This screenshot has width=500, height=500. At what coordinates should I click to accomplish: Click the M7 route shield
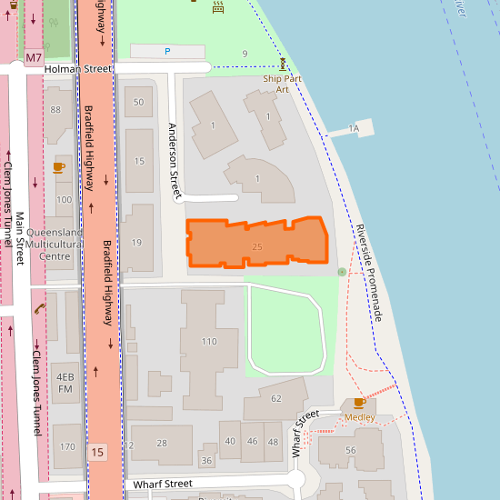[x=34, y=57]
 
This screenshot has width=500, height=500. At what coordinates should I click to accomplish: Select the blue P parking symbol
[x=167, y=52]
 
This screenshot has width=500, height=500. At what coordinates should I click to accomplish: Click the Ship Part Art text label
[x=282, y=84]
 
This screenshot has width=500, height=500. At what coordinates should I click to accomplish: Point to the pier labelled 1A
[x=355, y=130]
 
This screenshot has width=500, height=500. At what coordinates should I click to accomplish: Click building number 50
[x=138, y=102]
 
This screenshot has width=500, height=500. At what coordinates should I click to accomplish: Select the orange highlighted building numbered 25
[x=257, y=244]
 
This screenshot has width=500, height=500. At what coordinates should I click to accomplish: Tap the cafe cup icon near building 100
[x=59, y=167]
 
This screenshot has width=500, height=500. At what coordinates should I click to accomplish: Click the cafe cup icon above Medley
[x=359, y=403]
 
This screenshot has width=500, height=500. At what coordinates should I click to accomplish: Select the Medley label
[x=359, y=417]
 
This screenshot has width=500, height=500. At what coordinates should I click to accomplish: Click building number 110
[x=209, y=342]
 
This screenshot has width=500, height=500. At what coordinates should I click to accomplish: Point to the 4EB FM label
[x=65, y=383]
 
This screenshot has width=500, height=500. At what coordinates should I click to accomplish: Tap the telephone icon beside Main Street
[x=39, y=309]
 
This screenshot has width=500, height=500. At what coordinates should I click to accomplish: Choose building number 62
[x=276, y=398]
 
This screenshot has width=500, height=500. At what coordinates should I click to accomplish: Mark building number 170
[x=67, y=447]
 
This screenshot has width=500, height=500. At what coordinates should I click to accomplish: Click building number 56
[x=351, y=450]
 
